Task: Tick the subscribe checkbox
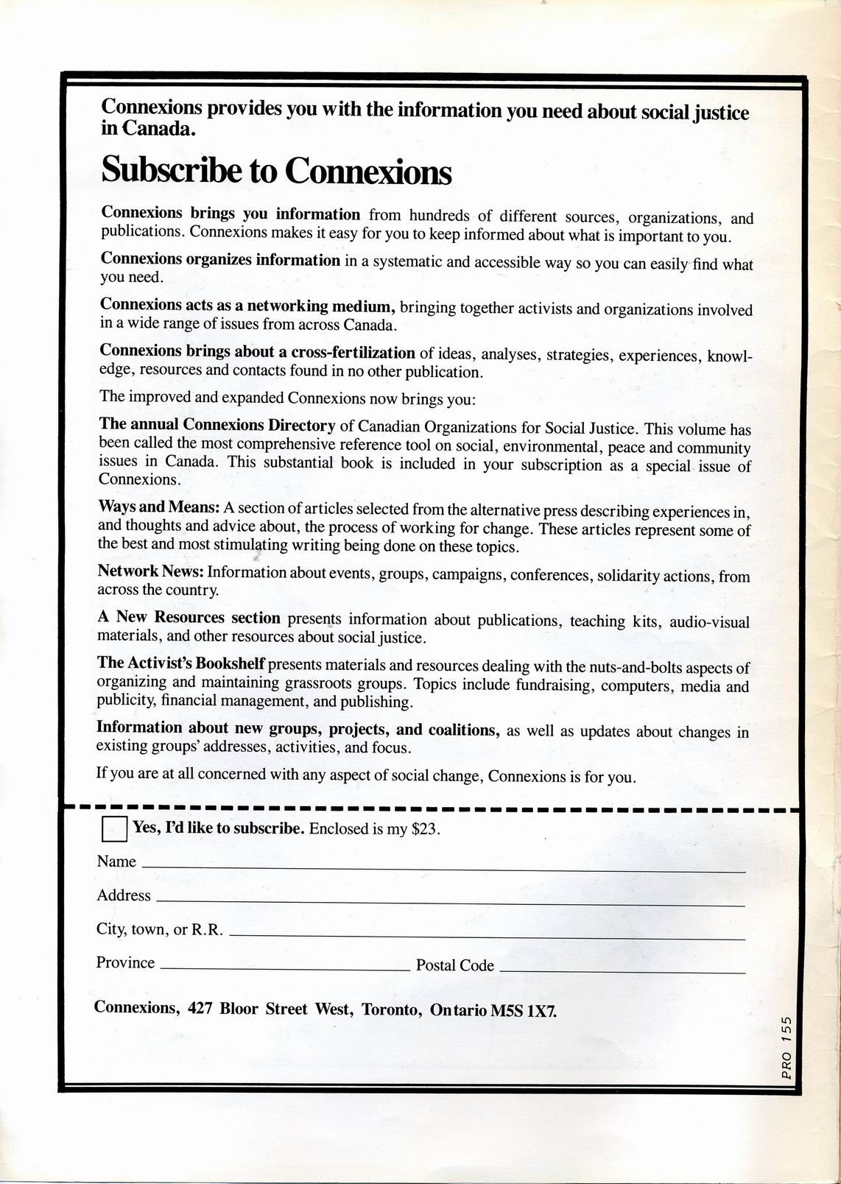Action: coord(114,828)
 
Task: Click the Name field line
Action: coord(442,870)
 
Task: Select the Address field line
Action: coord(450,903)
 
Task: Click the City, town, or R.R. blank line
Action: coord(487,937)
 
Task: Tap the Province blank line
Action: coord(284,970)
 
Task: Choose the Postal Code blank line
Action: coord(622,972)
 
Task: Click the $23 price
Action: coord(425,829)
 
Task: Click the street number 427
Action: coord(200,1008)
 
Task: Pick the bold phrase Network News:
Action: coord(151,571)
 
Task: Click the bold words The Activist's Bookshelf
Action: coord(180,663)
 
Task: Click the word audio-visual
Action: coord(708,622)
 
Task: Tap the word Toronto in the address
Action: coord(391,1009)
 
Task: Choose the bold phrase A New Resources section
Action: coord(189,618)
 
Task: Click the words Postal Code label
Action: coord(454,965)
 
